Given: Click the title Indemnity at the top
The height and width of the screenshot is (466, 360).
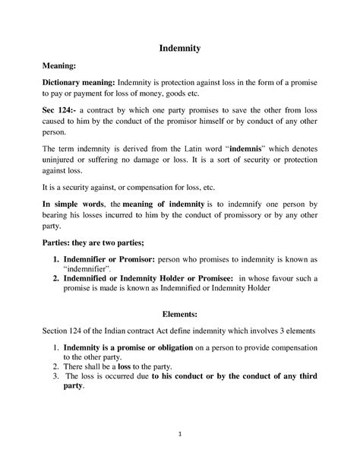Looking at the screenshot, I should click(x=179, y=48).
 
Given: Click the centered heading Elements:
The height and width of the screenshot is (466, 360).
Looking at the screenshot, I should click(x=180, y=312).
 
